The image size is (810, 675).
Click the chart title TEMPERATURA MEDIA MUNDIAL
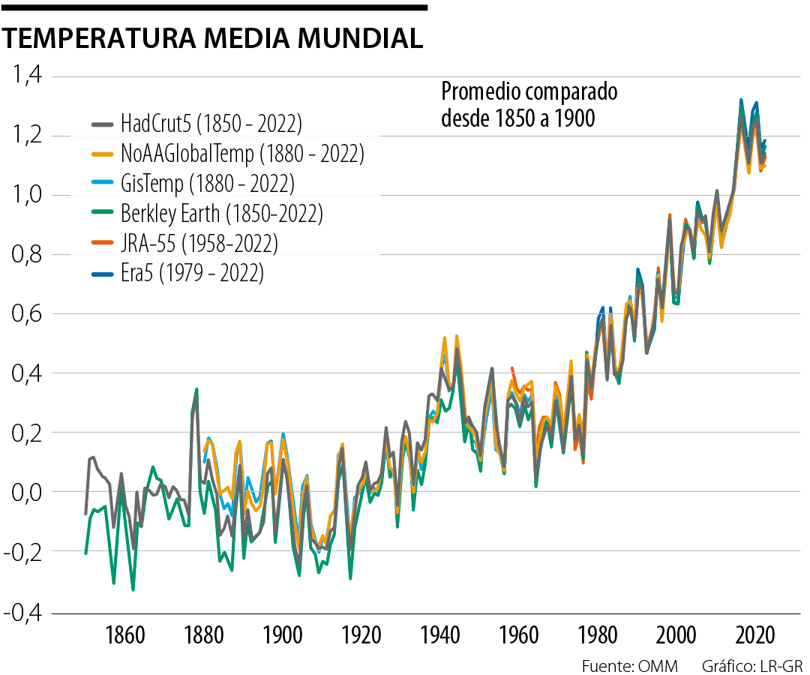[214, 38]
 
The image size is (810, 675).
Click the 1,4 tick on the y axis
[25, 76]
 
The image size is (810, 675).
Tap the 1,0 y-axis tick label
[25, 195]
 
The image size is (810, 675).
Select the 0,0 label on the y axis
[25, 492]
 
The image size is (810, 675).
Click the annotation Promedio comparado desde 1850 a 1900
[529, 105]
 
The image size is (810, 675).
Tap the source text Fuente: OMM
[629, 665]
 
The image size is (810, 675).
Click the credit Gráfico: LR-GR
[752, 665]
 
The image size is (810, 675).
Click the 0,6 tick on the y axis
[25, 314]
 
